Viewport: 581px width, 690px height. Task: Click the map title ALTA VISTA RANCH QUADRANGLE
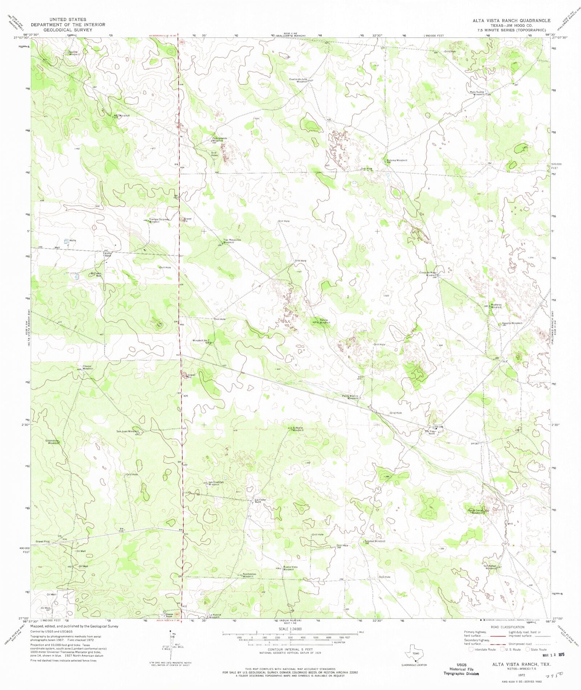point(511,20)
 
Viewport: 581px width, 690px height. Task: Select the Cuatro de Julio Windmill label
point(298,80)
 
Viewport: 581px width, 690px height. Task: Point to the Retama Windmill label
point(397,160)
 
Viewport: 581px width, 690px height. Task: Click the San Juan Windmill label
point(127,431)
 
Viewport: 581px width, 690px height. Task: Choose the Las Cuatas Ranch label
point(260,501)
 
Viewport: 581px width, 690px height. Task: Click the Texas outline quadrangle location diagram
point(414,653)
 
